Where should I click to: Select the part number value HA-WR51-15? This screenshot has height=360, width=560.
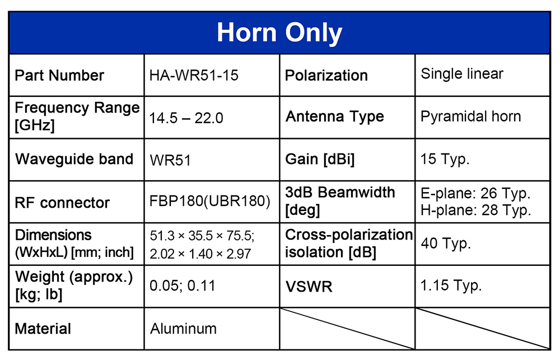tap(194, 76)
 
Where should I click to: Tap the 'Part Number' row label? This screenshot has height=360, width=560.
tap(59, 76)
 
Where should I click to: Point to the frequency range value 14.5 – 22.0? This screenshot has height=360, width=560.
tap(186, 118)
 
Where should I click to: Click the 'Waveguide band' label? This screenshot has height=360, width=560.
tap(74, 160)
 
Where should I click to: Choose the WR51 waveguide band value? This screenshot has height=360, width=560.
tap(170, 160)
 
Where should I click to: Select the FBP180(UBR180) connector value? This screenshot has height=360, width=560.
tap(209, 201)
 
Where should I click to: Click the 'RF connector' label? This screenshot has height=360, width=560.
tap(62, 203)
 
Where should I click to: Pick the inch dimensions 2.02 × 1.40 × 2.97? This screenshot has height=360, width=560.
tap(200, 254)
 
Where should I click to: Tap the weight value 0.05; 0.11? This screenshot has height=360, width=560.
tap(182, 286)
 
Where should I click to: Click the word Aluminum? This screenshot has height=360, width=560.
tap(183, 329)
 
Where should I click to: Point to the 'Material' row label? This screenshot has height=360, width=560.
tap(43, 329)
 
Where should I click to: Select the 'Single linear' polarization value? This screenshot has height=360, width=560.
tap(462, 74)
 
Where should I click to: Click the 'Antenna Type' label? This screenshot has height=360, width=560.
tap(335, 117)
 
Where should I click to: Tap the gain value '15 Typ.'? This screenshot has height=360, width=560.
tap(445, 160)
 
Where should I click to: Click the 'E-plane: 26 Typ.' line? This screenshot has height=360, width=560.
tap(475, 193)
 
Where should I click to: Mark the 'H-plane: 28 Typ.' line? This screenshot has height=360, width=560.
tap(475, 210)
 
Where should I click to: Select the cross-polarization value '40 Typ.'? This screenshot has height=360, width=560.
tap(446, 244)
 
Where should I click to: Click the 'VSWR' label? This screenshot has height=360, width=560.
tap(309, 287)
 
